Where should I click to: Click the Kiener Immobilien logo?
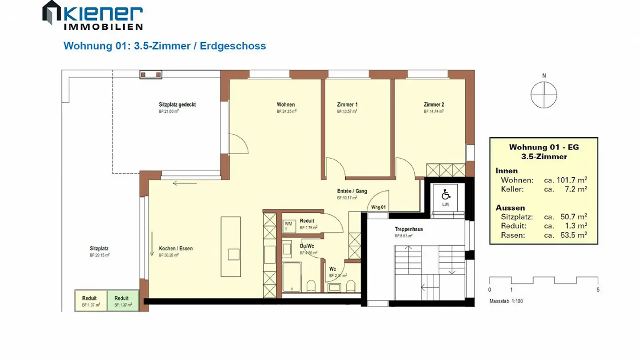[x=92, y=15]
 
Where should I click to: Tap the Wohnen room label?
[x=286, y=105]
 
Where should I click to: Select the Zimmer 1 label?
[x=347, y=105]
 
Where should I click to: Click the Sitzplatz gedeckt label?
[x=177, y=105]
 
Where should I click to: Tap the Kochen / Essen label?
[x=176, y=248]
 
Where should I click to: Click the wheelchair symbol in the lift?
[x=445, y=194]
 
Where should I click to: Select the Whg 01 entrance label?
[x=378, y=208]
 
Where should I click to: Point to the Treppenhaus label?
[x=408, y=229]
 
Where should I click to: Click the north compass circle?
[x=544, y=95]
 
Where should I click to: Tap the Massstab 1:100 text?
[x=506, y=301]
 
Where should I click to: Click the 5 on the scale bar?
[x=598, y=290]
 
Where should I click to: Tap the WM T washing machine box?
[x=288, y=226]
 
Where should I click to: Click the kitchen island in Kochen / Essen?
[x=231, y=246]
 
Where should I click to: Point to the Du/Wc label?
[x=307, y=246]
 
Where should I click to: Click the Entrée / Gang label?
[x=352, y=191]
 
